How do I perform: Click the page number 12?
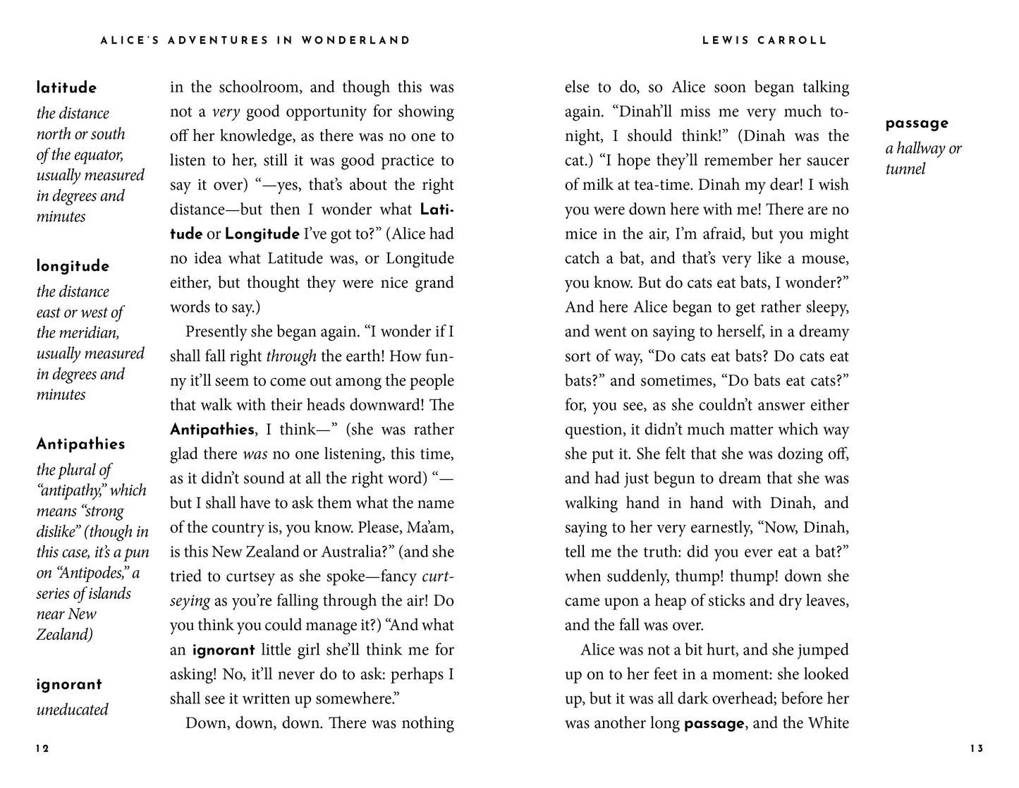pos(42,748)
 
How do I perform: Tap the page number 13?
pos(976,748)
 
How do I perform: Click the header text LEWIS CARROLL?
pos(764,41)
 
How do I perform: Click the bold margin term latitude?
pos(66,88)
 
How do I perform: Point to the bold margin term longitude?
pos(73,267)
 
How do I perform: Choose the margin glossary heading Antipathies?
pos(80,444)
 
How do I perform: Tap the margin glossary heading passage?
pos(917,123)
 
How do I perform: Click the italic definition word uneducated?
pos(72,710)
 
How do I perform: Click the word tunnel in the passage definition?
pos(905,169)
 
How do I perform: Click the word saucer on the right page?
pos(825,161)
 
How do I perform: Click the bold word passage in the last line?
pos(714,724)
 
